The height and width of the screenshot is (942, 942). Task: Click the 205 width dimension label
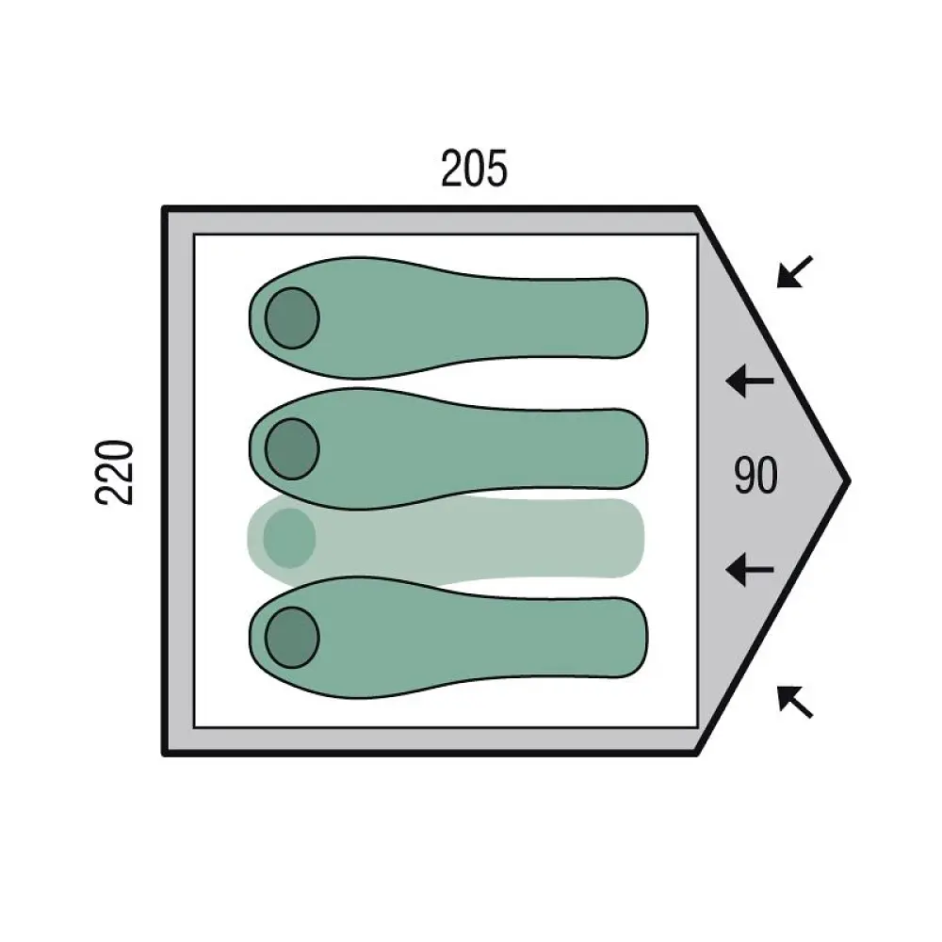pyautogui.click(x=474, y=169)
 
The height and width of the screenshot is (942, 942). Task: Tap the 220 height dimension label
pyautogui.click(x=114, y=472)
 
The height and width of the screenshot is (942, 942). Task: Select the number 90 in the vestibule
pyautogui.click(x=755, y=475)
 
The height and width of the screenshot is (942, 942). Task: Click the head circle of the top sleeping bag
pyautogui.click(x=292, y=317)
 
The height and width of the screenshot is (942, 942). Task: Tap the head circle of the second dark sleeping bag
pyautogui.click(x=292, y=448)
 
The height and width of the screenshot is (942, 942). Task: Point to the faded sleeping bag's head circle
pyautogui.click(x=289, y=538)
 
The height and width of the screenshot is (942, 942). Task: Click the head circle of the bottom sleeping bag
pyautogui.click(x=292, y=638)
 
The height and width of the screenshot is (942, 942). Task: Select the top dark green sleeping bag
pyautogui.click(x=448, y=318)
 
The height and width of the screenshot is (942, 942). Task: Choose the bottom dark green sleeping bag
pyautogui.click(x=448, y=638)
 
